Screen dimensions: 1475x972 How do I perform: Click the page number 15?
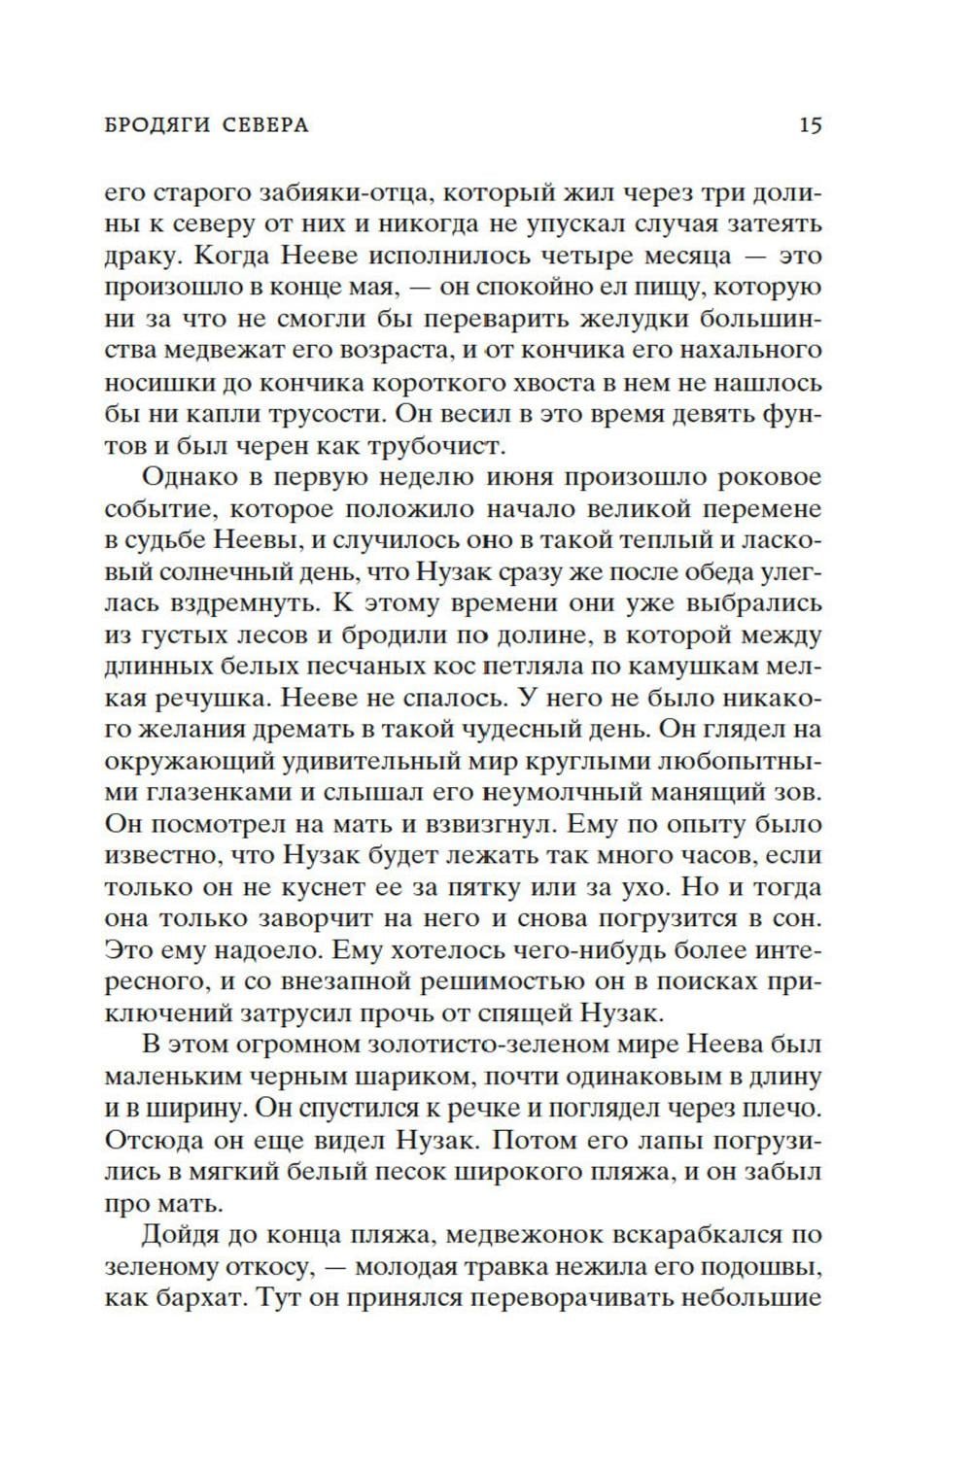point(811,125)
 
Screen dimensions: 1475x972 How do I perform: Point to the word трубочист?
point(450,445)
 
